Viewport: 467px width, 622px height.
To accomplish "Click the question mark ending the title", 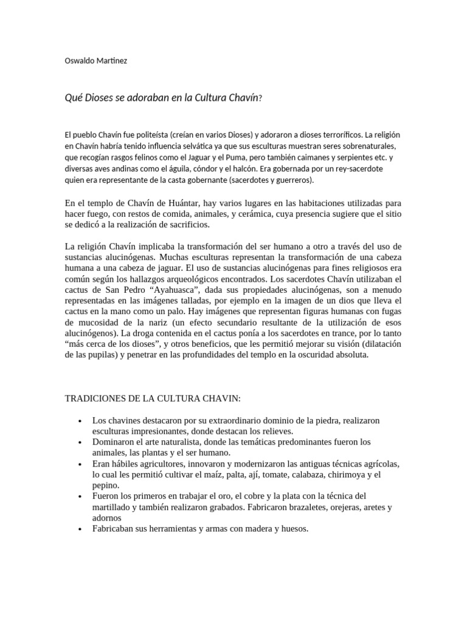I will (x=260, y=98).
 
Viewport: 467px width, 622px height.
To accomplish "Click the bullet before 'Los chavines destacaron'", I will (x=80, y=420).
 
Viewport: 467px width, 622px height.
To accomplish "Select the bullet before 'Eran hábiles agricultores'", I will (x=80, y=464).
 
